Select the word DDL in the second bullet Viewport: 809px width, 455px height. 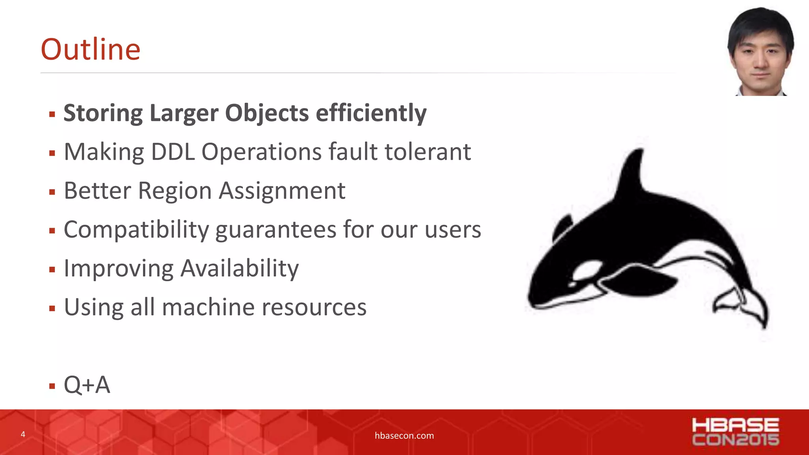point(173,152)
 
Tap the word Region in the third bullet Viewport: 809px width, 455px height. point(175,191)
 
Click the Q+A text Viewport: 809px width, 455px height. point(87,385)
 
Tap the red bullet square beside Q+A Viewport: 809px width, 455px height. point(52,386)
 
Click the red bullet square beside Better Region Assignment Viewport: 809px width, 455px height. point(52,192)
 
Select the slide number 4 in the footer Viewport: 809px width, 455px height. point(23,434)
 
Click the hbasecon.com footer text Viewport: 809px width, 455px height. point(404,436)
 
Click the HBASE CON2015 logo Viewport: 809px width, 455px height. point(735,432)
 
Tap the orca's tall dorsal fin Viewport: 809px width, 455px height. point(632,174)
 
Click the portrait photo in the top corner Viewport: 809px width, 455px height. point(760,51)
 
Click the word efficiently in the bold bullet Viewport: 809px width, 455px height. point(371,113)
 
